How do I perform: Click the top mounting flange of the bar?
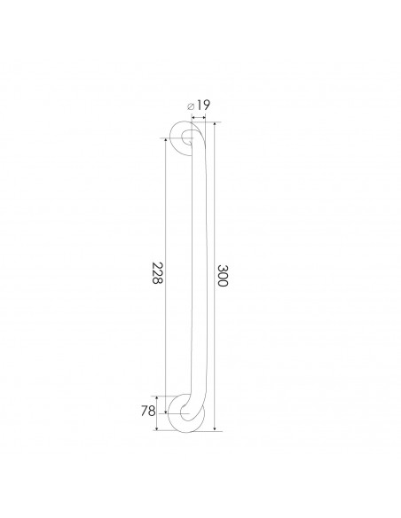(x=187, y=138)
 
